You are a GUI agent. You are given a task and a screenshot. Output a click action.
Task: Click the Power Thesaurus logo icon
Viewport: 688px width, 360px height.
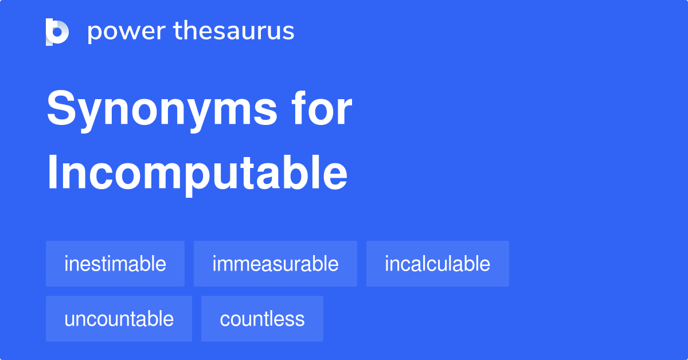pyautogui.click(x=57, y=32)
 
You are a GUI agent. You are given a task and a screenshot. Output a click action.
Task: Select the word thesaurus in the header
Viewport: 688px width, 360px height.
pyautogui.click(x=234, y=32)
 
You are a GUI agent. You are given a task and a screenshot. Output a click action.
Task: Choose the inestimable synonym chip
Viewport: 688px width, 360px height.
pyautogui.click(x=115, y=264)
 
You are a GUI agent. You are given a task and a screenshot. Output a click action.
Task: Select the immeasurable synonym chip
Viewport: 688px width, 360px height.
pyautogui.click(x=275, y=264)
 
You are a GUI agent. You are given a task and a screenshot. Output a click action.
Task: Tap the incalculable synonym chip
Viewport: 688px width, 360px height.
pyautogui.click(x=437, y=264)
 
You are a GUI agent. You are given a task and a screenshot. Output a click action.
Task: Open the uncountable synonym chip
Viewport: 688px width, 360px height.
pyautogui.click(x=119, y=319)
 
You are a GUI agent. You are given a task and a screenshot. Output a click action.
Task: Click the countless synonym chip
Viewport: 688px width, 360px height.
pyautogui.click(x=262, y=319)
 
